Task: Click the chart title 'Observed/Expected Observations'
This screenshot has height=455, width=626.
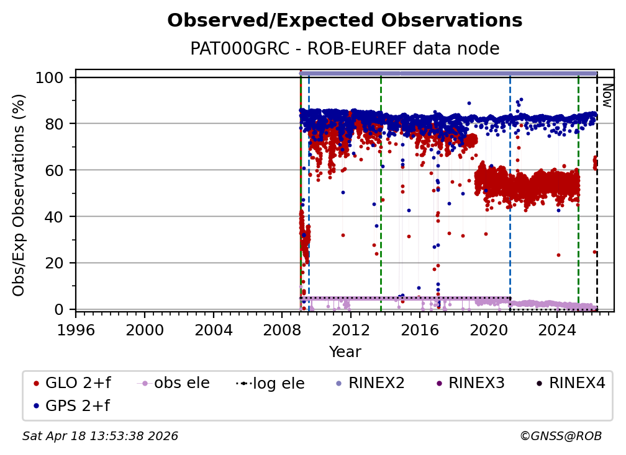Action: [x=345, y=20]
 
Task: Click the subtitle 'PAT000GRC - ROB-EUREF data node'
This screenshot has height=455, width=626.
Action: [x=345, y=48]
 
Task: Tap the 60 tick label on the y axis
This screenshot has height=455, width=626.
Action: [x=55, y=170]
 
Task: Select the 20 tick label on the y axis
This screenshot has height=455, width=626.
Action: [x=55, y=263]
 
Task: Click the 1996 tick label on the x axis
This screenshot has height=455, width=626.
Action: [x=76, y=330]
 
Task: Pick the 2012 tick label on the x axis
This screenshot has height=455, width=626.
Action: [x=351, y=330]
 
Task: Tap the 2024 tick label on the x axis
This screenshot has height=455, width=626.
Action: [x=557, y=330]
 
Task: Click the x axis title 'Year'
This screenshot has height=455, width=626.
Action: [x=345, y=352]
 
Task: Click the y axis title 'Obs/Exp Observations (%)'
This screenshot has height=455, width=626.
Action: [x=19, y=195]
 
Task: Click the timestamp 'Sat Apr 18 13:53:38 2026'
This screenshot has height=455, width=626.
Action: [x=100, y=436]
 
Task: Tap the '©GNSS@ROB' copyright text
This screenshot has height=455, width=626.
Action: [x=560, y=436]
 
